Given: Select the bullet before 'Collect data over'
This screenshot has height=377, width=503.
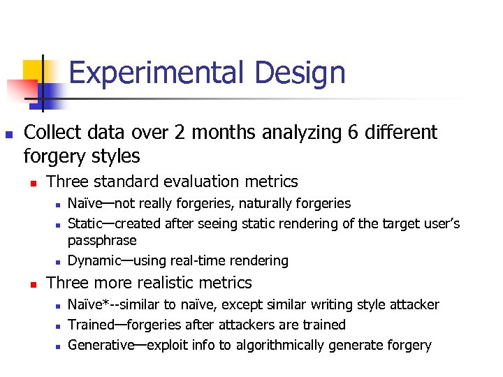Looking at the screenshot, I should click(x=8, y=133).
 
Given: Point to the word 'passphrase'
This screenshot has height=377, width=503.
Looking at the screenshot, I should click(x=102, y=240).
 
